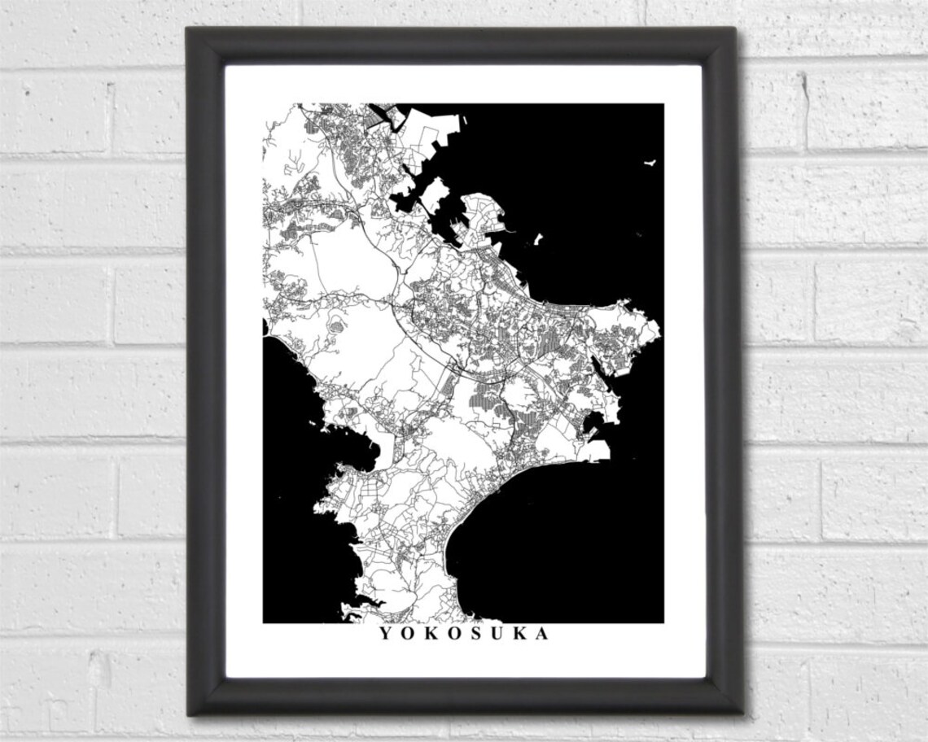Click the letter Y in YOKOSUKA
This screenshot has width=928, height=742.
pyautogui.click(x=383, y=634)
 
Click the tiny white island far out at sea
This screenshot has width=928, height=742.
pyautogui.click(x=650, y=163)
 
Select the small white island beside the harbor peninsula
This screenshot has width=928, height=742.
pyautogui.click(x=537, y=240)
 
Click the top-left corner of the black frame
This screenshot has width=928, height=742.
pyautogui.click(x=190, y=30)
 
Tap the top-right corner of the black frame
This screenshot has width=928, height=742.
pyautogui.click(x=734, y=30)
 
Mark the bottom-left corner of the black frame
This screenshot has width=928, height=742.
pyautogui.click(x=190, y=713)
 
